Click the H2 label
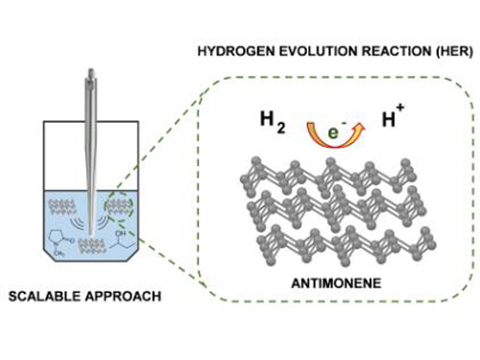275,120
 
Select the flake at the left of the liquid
66,206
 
